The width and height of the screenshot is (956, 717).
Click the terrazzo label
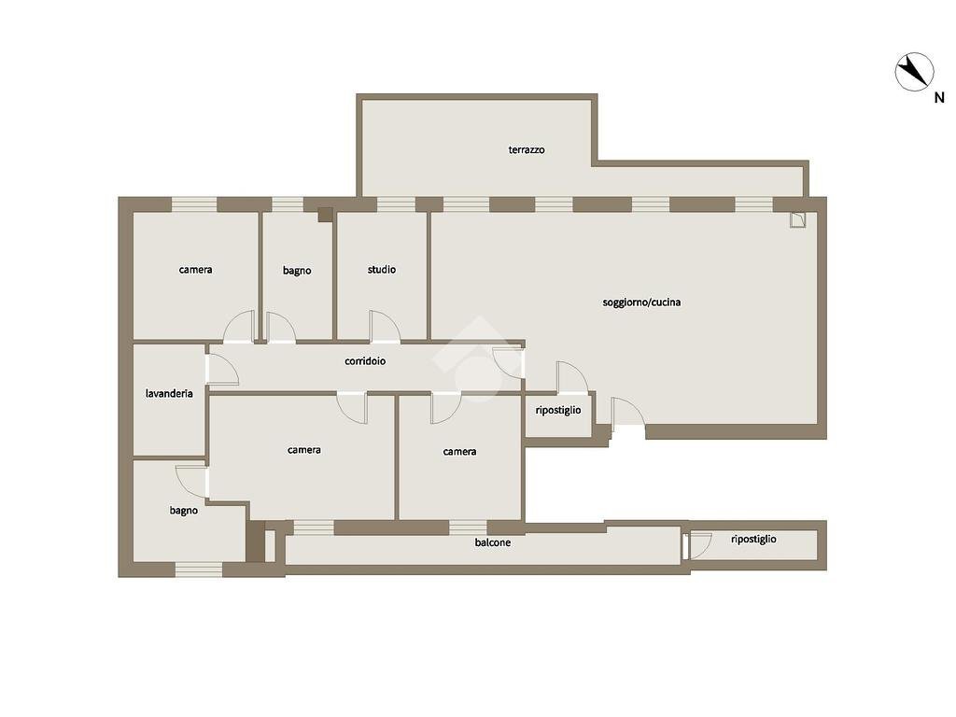pyautogui.click(x=527, y=149)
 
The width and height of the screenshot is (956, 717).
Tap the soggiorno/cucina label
pyautogui.click(x=641, y=302)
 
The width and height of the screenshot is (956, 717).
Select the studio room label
pyautogui.click(x=382, y=270)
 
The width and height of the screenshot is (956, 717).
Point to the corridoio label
pyautogui.click(x=365, y=361)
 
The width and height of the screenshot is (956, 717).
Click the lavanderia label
pyautogui.click(x=169, y=393)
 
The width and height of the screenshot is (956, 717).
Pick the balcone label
pyautogui.click(x=493, y=542)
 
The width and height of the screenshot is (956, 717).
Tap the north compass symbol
pyautogui.click(x=914, y=72)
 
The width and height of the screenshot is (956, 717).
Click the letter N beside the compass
pyautogui.click(x=939, y=97)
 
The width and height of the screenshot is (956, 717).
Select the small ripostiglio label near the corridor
pyautogui.click(x=558, y=411)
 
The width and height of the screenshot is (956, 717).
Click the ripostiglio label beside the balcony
pyautogui.click(x=753, y=539)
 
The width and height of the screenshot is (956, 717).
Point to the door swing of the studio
pyautogui.click(x=385, y=327)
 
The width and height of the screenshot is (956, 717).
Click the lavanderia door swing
pyautogui.click(x=222, y=370)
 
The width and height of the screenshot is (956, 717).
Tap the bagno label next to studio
pyautogui.click(x=297, y=270)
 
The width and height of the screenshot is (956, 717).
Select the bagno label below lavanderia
pyautogui.click(x=184, y=511)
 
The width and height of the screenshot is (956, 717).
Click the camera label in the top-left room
pyautogui.click(x=196, y=270)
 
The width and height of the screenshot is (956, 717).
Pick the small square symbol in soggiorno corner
pyautogui.click(x=797, y=219)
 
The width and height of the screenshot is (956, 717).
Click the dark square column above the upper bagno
pyautogui.click(x=325, y=215)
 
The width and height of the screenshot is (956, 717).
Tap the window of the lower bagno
pyautogui.click(x=199, y=569)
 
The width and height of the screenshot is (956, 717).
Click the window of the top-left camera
pyautogui.click(x=194, y=204)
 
